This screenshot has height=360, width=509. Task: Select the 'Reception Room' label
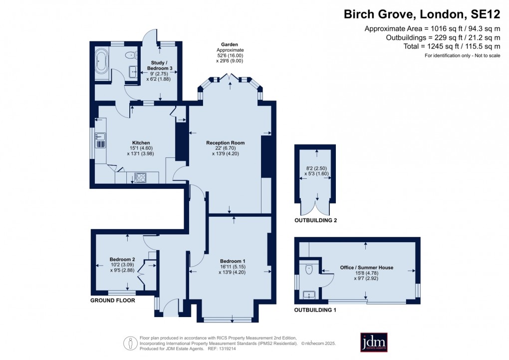tap(226, 143)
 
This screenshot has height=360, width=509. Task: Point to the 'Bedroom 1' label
tap(233, 261)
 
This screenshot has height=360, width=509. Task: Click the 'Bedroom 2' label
tap(122, 259)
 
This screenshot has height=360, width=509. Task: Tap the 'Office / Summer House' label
tap(366, 268)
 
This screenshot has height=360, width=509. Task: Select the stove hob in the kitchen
tap(139, 177)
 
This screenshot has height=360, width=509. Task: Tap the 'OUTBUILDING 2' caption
tap(315, 220)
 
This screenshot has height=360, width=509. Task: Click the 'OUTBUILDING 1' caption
tap(315, 310)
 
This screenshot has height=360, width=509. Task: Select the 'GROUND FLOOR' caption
tap(112, 301)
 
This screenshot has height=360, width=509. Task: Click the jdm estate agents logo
tap(374, 342)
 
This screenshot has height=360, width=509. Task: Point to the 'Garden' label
tap(230, 44)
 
